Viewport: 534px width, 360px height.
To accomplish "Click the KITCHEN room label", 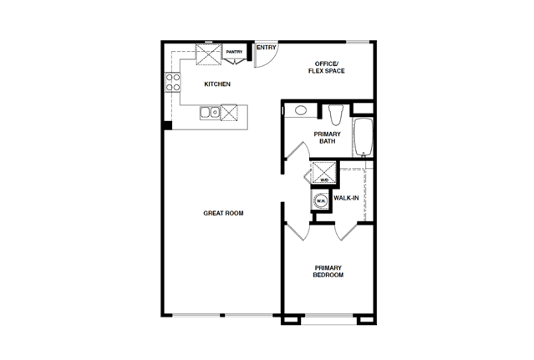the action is click(x=217, y=84).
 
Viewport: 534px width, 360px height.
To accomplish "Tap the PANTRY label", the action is click(x=234, y=52).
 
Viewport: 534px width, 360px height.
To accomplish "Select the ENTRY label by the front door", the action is click(x=267, y=48).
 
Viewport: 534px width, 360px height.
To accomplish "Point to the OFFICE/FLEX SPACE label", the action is click(x=326, y=68).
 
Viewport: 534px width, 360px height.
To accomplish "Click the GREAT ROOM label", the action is click(x=223, y=213).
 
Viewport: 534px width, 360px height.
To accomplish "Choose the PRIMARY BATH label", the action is click(x=328, y=138).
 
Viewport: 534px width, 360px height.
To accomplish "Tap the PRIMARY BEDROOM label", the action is click(x=328, y=271).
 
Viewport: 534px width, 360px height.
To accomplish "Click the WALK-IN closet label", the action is click(x=346, y=198).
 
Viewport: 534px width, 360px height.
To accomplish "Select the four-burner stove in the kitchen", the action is click(x=173, y=83).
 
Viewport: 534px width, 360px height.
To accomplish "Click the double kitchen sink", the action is click(x=210, y=112).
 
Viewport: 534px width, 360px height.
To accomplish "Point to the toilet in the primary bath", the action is click(x=336, y=114).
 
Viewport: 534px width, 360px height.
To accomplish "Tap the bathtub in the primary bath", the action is click(x=363, y=138).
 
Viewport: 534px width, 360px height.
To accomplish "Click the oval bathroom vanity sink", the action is click(x=300, y=110).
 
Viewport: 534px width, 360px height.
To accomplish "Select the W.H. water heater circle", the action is click(x=321, y=200).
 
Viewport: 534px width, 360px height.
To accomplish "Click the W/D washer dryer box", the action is click(x=324, y=173).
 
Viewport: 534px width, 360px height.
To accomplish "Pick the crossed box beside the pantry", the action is click(x=208, y=54).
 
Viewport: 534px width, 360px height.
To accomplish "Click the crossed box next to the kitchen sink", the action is click(x=229, y=112).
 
